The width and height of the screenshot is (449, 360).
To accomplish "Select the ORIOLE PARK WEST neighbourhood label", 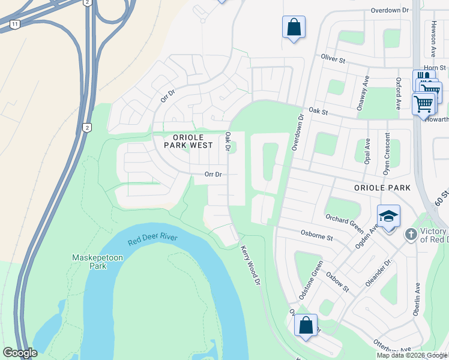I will (189, 141).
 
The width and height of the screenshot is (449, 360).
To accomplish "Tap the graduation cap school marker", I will (388, 216).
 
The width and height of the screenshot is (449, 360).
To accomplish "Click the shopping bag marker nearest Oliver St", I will (294, 27).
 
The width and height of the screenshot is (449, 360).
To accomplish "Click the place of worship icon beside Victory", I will (411, 234).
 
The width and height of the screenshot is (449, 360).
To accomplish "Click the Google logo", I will (20, 353).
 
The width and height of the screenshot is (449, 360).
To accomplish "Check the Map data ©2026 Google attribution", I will (412, 355).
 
